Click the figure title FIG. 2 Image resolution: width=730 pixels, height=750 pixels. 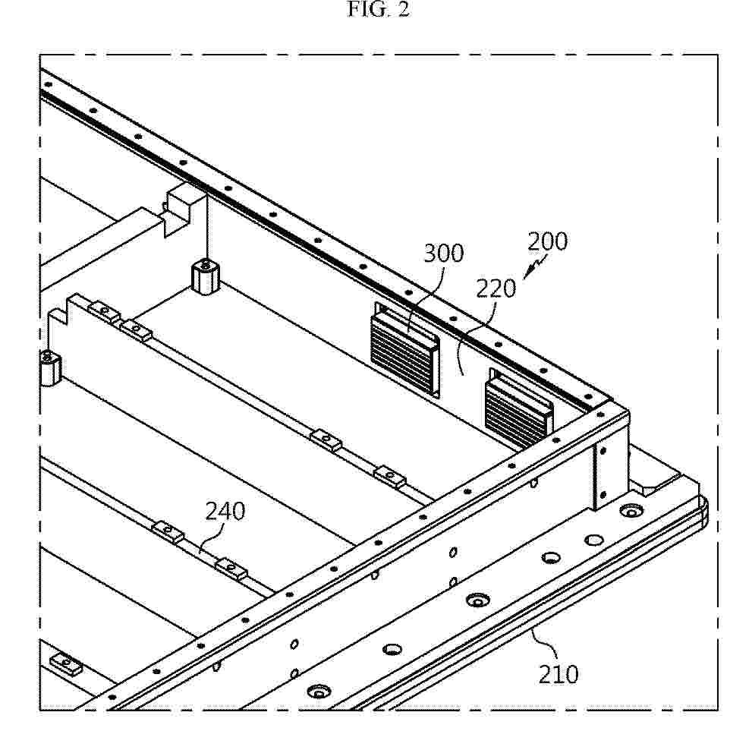pos(378,9)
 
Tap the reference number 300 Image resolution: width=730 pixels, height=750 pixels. pos(444,253)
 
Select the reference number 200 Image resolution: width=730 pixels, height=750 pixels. pos(547,241)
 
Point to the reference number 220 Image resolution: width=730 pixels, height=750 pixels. pos(496,288)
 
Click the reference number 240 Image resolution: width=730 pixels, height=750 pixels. pos(225,511)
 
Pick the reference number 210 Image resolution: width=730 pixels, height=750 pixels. pos(559,674)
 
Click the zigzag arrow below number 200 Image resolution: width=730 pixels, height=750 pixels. pos(534,267)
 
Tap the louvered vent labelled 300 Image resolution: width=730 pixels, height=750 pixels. pos(405,349)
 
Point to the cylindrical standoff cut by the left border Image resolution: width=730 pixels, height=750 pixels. pos(49,368)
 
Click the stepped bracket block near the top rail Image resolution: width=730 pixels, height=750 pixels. pos(178,210)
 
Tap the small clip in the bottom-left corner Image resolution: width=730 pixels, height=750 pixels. pos(66,664)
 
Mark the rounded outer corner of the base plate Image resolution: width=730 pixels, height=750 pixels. pos(703,512)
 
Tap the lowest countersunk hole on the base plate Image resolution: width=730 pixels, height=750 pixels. pos(319,692)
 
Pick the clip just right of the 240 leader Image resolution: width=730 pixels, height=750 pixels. pos(231,569)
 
